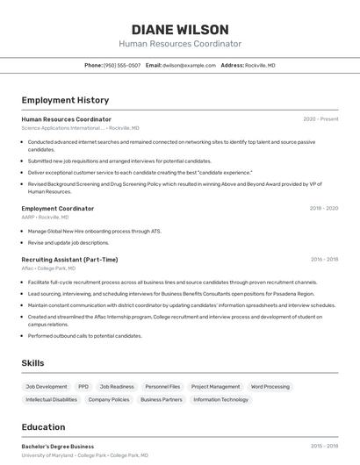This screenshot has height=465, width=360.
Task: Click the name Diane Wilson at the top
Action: (x=180, y=29)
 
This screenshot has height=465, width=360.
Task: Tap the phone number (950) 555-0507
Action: (x=122, y=65)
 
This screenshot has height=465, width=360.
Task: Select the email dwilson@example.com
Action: (x=187, y=65)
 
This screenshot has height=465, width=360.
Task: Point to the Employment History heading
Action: (x=65, y=100)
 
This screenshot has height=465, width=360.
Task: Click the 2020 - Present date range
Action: (x=320, y=119)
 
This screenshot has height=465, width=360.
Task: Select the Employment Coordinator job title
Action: (x=57, y=209)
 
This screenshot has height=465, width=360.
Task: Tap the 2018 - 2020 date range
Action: (x=324, y=209)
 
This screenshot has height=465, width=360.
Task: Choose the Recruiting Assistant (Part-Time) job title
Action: (x=69, y=260)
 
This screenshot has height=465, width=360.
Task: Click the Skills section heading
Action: (x=33, y=363)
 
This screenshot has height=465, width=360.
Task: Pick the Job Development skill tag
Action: (x=47, y=387)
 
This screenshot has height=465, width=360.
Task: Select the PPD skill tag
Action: (x=83, y=387)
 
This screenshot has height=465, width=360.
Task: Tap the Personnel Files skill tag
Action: (x=162, y=387)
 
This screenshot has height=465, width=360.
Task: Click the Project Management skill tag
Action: (x=215, y=387)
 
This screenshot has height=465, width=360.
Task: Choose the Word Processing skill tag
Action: (x=270, y=387)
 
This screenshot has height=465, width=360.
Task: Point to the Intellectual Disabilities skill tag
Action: (x=52, y=399)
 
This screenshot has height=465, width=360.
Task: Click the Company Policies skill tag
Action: (x=109, y=399)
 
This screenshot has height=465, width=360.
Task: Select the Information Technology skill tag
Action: (x=220, y=399)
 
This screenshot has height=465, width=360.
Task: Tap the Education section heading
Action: (x=43, y=427)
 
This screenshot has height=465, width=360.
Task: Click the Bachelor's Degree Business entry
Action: (x=57, y=447)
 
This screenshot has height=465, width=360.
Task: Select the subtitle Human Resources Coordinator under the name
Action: (x=180, y=44)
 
